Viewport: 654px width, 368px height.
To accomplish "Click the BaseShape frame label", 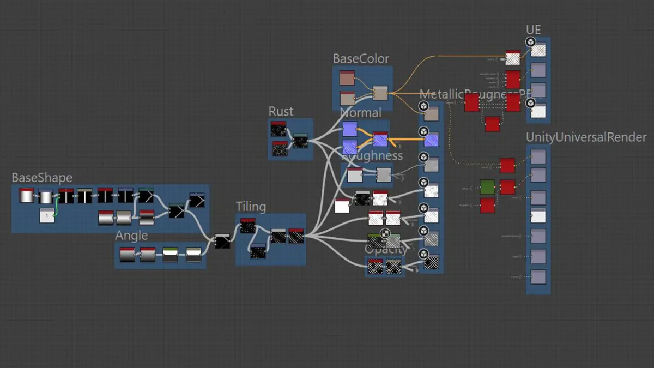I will [42, 178].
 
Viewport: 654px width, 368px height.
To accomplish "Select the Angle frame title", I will [131, 236].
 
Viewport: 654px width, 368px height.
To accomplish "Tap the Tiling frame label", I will [251, 207].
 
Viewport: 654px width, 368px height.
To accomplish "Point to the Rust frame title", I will [281, 111].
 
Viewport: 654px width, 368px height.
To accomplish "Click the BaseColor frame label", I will [361, 58].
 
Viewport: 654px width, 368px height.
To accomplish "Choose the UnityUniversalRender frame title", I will [586, 137].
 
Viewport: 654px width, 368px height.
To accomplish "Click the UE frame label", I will [533, 29].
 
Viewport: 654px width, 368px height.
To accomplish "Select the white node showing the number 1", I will [47, 215].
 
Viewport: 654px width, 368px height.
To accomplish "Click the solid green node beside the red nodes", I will [487, 187].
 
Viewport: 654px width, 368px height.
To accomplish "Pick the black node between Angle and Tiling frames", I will [222, 242].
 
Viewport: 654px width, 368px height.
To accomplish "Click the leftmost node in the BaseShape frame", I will [27, 195].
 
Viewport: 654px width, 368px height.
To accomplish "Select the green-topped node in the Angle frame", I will [171, 255].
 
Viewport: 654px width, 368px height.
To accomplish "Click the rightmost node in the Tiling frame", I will [296, 236].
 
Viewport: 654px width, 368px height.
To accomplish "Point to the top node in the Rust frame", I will [278, 129].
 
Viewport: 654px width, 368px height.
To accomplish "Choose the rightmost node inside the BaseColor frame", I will [380, 93].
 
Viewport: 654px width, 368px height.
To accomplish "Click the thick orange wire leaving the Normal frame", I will [406, 140].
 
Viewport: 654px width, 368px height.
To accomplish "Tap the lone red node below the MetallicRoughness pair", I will [492, 124].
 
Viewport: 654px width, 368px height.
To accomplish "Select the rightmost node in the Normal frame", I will [380, 139].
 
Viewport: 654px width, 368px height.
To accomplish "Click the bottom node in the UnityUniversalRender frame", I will [538, 276].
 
